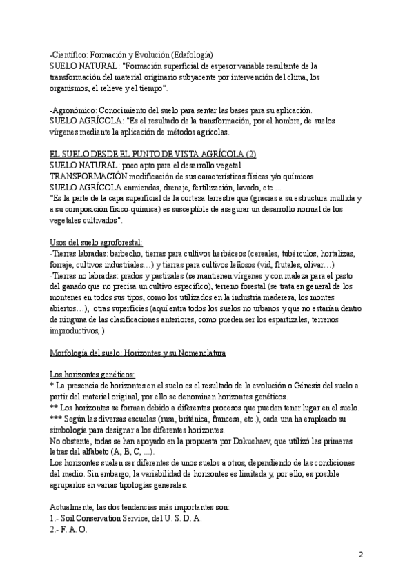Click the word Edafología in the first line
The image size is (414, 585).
pyautogui.click(x=192, y=54)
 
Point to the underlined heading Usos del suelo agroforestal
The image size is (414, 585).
pyautogui.click(x=96, y=242)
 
